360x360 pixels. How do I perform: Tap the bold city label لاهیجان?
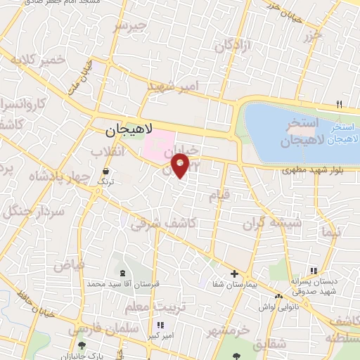point(129,131)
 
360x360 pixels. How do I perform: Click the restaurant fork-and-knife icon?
point(340,103)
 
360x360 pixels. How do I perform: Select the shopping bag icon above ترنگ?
point(105,170)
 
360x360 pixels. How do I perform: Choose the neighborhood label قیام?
point(220,195)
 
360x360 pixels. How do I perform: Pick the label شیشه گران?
point(272,223)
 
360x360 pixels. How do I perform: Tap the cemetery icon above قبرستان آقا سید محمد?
point(124,273)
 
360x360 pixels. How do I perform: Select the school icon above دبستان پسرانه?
point(314,271)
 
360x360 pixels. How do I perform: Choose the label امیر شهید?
point(174,86)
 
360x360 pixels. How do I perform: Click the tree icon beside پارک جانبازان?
point(83,345)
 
